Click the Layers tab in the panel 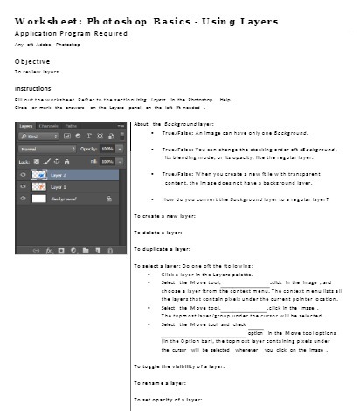26,126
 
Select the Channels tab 50,126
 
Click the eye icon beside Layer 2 22,175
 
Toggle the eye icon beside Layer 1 22,187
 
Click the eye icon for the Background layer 22,199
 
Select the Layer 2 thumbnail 38,175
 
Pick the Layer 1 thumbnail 38,187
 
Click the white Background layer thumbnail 38,199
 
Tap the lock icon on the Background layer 108,199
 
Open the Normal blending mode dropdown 45,150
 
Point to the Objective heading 26,61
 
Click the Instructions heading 32,88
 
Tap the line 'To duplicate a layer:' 161,247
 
